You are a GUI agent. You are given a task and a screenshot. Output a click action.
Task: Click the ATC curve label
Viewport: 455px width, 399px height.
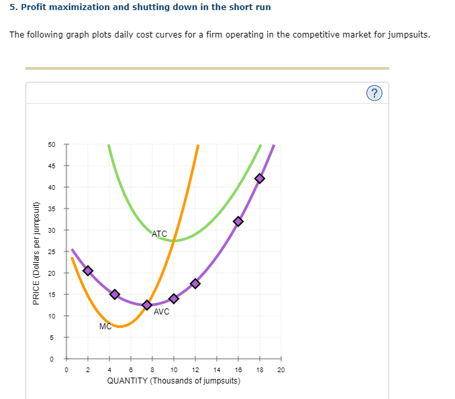tap(160, 234)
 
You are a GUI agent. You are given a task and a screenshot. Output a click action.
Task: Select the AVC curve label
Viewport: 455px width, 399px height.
tap(161, 312)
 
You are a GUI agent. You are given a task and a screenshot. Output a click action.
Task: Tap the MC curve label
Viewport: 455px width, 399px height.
tap(105, 327)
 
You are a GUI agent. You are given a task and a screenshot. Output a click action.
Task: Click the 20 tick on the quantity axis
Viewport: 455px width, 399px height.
tap(281, 369)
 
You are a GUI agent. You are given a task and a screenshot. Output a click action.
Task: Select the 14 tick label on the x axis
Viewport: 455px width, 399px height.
tap(217, 369)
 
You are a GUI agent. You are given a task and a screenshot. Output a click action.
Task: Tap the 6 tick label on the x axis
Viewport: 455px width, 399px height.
tap(131, 369)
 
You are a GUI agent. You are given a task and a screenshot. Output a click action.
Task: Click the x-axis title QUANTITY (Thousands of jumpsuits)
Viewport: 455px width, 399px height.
tap(174, 381)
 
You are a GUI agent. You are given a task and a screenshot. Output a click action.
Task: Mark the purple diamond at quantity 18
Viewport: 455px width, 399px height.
tap(260, 178)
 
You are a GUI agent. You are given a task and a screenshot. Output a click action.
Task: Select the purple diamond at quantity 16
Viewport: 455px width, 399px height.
tap(238, 221)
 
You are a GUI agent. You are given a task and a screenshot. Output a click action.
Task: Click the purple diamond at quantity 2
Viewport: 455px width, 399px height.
tap(88, 270)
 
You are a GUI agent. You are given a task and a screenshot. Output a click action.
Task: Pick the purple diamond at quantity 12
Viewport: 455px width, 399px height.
tap(195, 283)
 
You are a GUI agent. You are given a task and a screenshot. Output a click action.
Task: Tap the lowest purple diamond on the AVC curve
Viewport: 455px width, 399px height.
tap(147, 305)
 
